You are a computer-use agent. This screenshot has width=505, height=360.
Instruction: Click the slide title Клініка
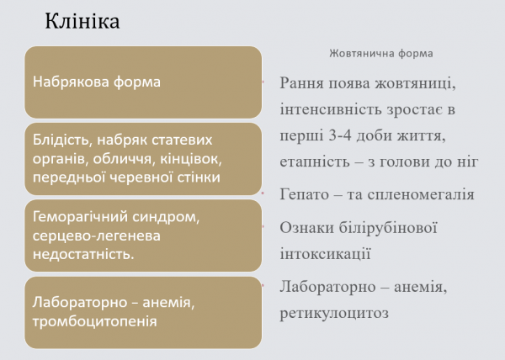pos(82,20)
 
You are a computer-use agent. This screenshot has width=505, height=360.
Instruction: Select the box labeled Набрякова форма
pos(141,82)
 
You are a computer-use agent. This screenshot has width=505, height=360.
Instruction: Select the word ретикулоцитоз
pos(334,314)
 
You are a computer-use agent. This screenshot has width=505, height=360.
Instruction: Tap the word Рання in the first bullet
pos(305,83)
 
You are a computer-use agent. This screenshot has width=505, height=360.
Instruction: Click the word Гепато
pos(306,194)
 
